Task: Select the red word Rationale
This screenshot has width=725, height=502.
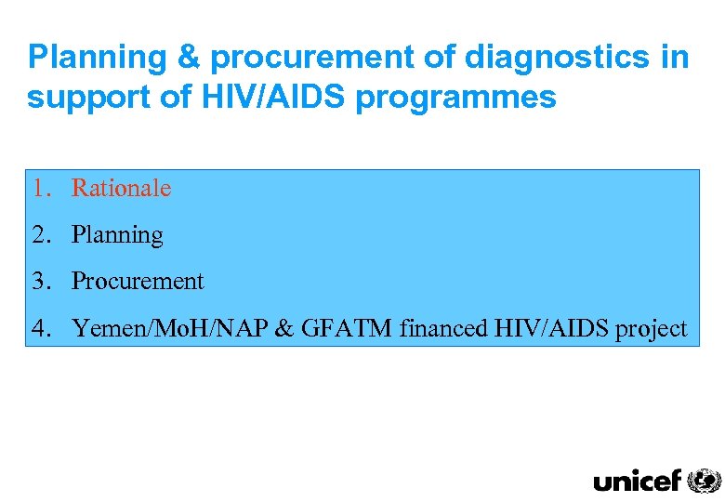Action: coord(122,188)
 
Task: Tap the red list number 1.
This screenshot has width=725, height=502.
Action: coord(38,188)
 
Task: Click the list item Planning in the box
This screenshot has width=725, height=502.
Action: coord(117,235)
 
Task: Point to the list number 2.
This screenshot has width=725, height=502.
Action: coord(38,234)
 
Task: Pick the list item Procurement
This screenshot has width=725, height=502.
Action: coord(138,281)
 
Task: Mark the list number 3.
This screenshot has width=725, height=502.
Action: coord(38,281)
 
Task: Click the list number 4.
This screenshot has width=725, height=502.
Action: coord(38,327)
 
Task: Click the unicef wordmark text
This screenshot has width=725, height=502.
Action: coord(637,480)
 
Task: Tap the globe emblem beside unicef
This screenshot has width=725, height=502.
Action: coord(704,480)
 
